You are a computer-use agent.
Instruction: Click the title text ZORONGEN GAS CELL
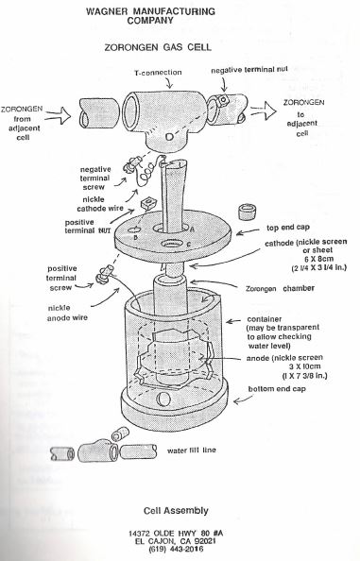[x=158, y=47]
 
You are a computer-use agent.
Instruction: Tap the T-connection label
[x=158, y=73]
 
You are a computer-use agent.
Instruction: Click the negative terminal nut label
[x=249, y=70]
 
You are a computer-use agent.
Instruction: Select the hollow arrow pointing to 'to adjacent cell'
[x=264, y=110]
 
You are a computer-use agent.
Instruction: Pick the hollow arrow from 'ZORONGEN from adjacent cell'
[x=59, y=115]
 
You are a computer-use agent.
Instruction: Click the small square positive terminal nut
[x=147, y=204]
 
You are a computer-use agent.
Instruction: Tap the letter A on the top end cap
[x=192, y=229]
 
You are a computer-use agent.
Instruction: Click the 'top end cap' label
[x=288, y=228]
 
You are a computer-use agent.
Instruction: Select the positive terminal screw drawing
[x=103, y=275]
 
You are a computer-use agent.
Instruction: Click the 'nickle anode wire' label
[x=67, y=313]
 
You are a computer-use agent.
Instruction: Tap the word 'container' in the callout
[x=265, y=319]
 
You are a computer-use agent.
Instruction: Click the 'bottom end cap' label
[x=277, y=389]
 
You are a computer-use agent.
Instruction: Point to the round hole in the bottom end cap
[x=164, y=399]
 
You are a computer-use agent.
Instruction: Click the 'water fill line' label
[x=192, y=450]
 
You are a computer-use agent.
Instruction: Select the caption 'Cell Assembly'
[x=176, y=511]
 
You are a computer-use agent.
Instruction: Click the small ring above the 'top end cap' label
[x=247, y=212]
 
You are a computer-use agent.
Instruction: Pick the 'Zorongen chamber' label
[x=280, y=288]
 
